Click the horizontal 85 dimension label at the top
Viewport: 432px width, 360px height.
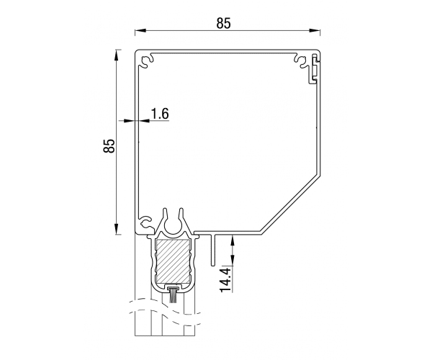click(x=223, y=24)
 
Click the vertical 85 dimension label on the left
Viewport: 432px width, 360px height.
click(x=109, y=145)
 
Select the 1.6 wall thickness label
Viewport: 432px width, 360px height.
click(x=160, y=114)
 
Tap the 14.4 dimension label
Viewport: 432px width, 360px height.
click(x=225, y=279)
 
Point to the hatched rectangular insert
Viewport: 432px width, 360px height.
click(x=173, y=261)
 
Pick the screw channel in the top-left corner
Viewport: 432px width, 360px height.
click(x=147, y=61)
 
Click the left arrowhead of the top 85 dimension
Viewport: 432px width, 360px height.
click(x=140, y=30)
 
